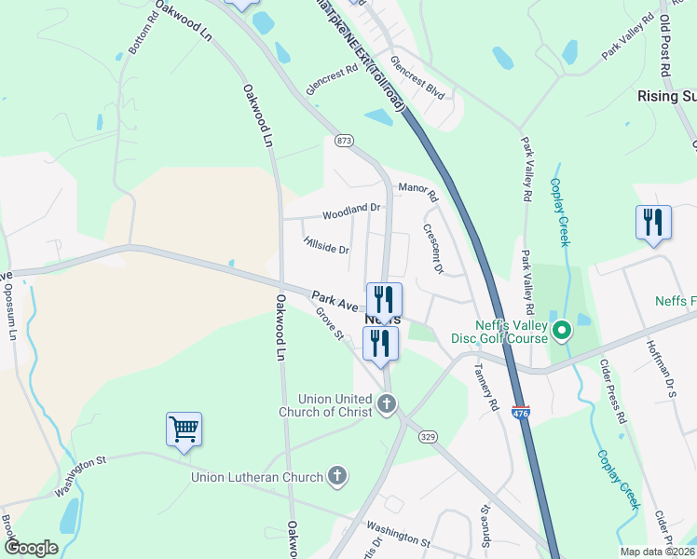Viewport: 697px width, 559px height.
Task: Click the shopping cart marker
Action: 184,429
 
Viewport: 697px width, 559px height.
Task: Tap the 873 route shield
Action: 345,141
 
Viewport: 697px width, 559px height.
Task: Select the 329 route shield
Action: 428,436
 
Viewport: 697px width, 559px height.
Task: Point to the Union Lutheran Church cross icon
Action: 337,477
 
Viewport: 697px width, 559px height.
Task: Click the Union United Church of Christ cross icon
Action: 388,404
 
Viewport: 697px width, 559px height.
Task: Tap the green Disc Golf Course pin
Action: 562,331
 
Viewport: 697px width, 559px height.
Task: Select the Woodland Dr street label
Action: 352,212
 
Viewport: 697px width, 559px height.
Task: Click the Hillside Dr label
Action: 326,245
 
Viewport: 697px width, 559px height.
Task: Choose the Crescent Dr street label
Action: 433,248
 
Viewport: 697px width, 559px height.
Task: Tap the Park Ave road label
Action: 335,301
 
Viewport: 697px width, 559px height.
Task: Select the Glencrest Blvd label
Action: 417,77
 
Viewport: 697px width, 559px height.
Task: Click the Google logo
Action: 31,548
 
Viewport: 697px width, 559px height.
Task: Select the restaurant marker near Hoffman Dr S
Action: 653,223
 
